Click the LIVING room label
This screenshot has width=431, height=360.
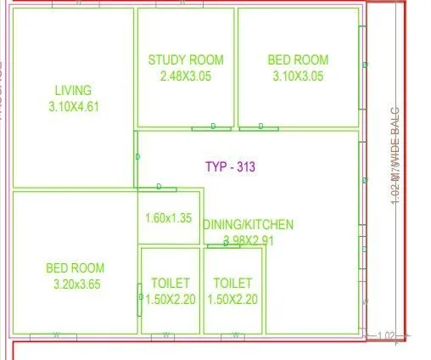pyautogui.click(x=73, y=90)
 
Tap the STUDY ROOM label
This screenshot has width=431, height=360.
pyautogui.click(x=186, y=59)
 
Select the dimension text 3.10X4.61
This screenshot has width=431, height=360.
pyautogui.click(x=73, y=107)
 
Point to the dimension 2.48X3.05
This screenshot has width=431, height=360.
pyautogui.click(x=186, y=76)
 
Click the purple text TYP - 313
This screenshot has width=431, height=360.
pyautogui.click(x=230, y=167)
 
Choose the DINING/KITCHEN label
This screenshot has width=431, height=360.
pyautogui.click(x=249, y=225)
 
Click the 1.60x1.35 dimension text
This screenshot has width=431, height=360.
pyautogui.click(x=169, y=217)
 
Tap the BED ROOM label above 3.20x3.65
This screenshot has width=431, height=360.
pyautogui.click(x=76, y=268)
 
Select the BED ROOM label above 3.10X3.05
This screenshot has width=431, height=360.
pyautogui.click(x=298, y=59)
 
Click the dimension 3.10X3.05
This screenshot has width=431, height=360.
pyautogui.click(x=298, y=76)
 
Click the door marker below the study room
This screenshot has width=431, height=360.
pyautogui.click(x=213, y=127)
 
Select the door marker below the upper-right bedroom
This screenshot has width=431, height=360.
pyautogui.click(x=260, y=127)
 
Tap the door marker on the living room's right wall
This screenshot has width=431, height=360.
pyautogui.click(x=137, y=157)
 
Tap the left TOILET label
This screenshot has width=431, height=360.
pyautogui.click(x=170, y=282)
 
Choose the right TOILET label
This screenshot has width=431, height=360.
pyautogui.click(x=232, y=282)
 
